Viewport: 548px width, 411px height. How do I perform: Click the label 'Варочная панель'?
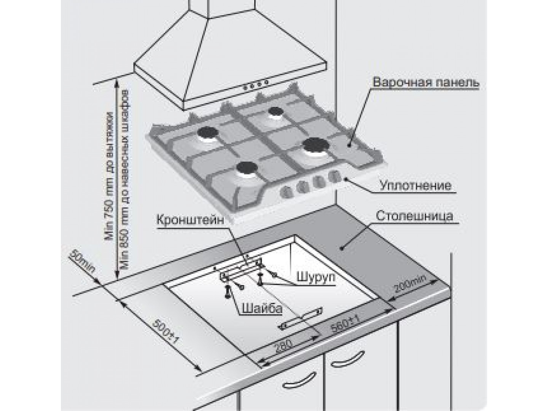click(x=425, y=83)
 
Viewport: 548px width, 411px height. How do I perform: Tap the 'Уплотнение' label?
click(x=416, y=186)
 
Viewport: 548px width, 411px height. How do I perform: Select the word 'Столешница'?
click(x=414, y=216)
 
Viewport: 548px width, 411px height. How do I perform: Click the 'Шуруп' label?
click(x=315, y=276)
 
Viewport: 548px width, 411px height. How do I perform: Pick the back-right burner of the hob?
click(x=274, y=112)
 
